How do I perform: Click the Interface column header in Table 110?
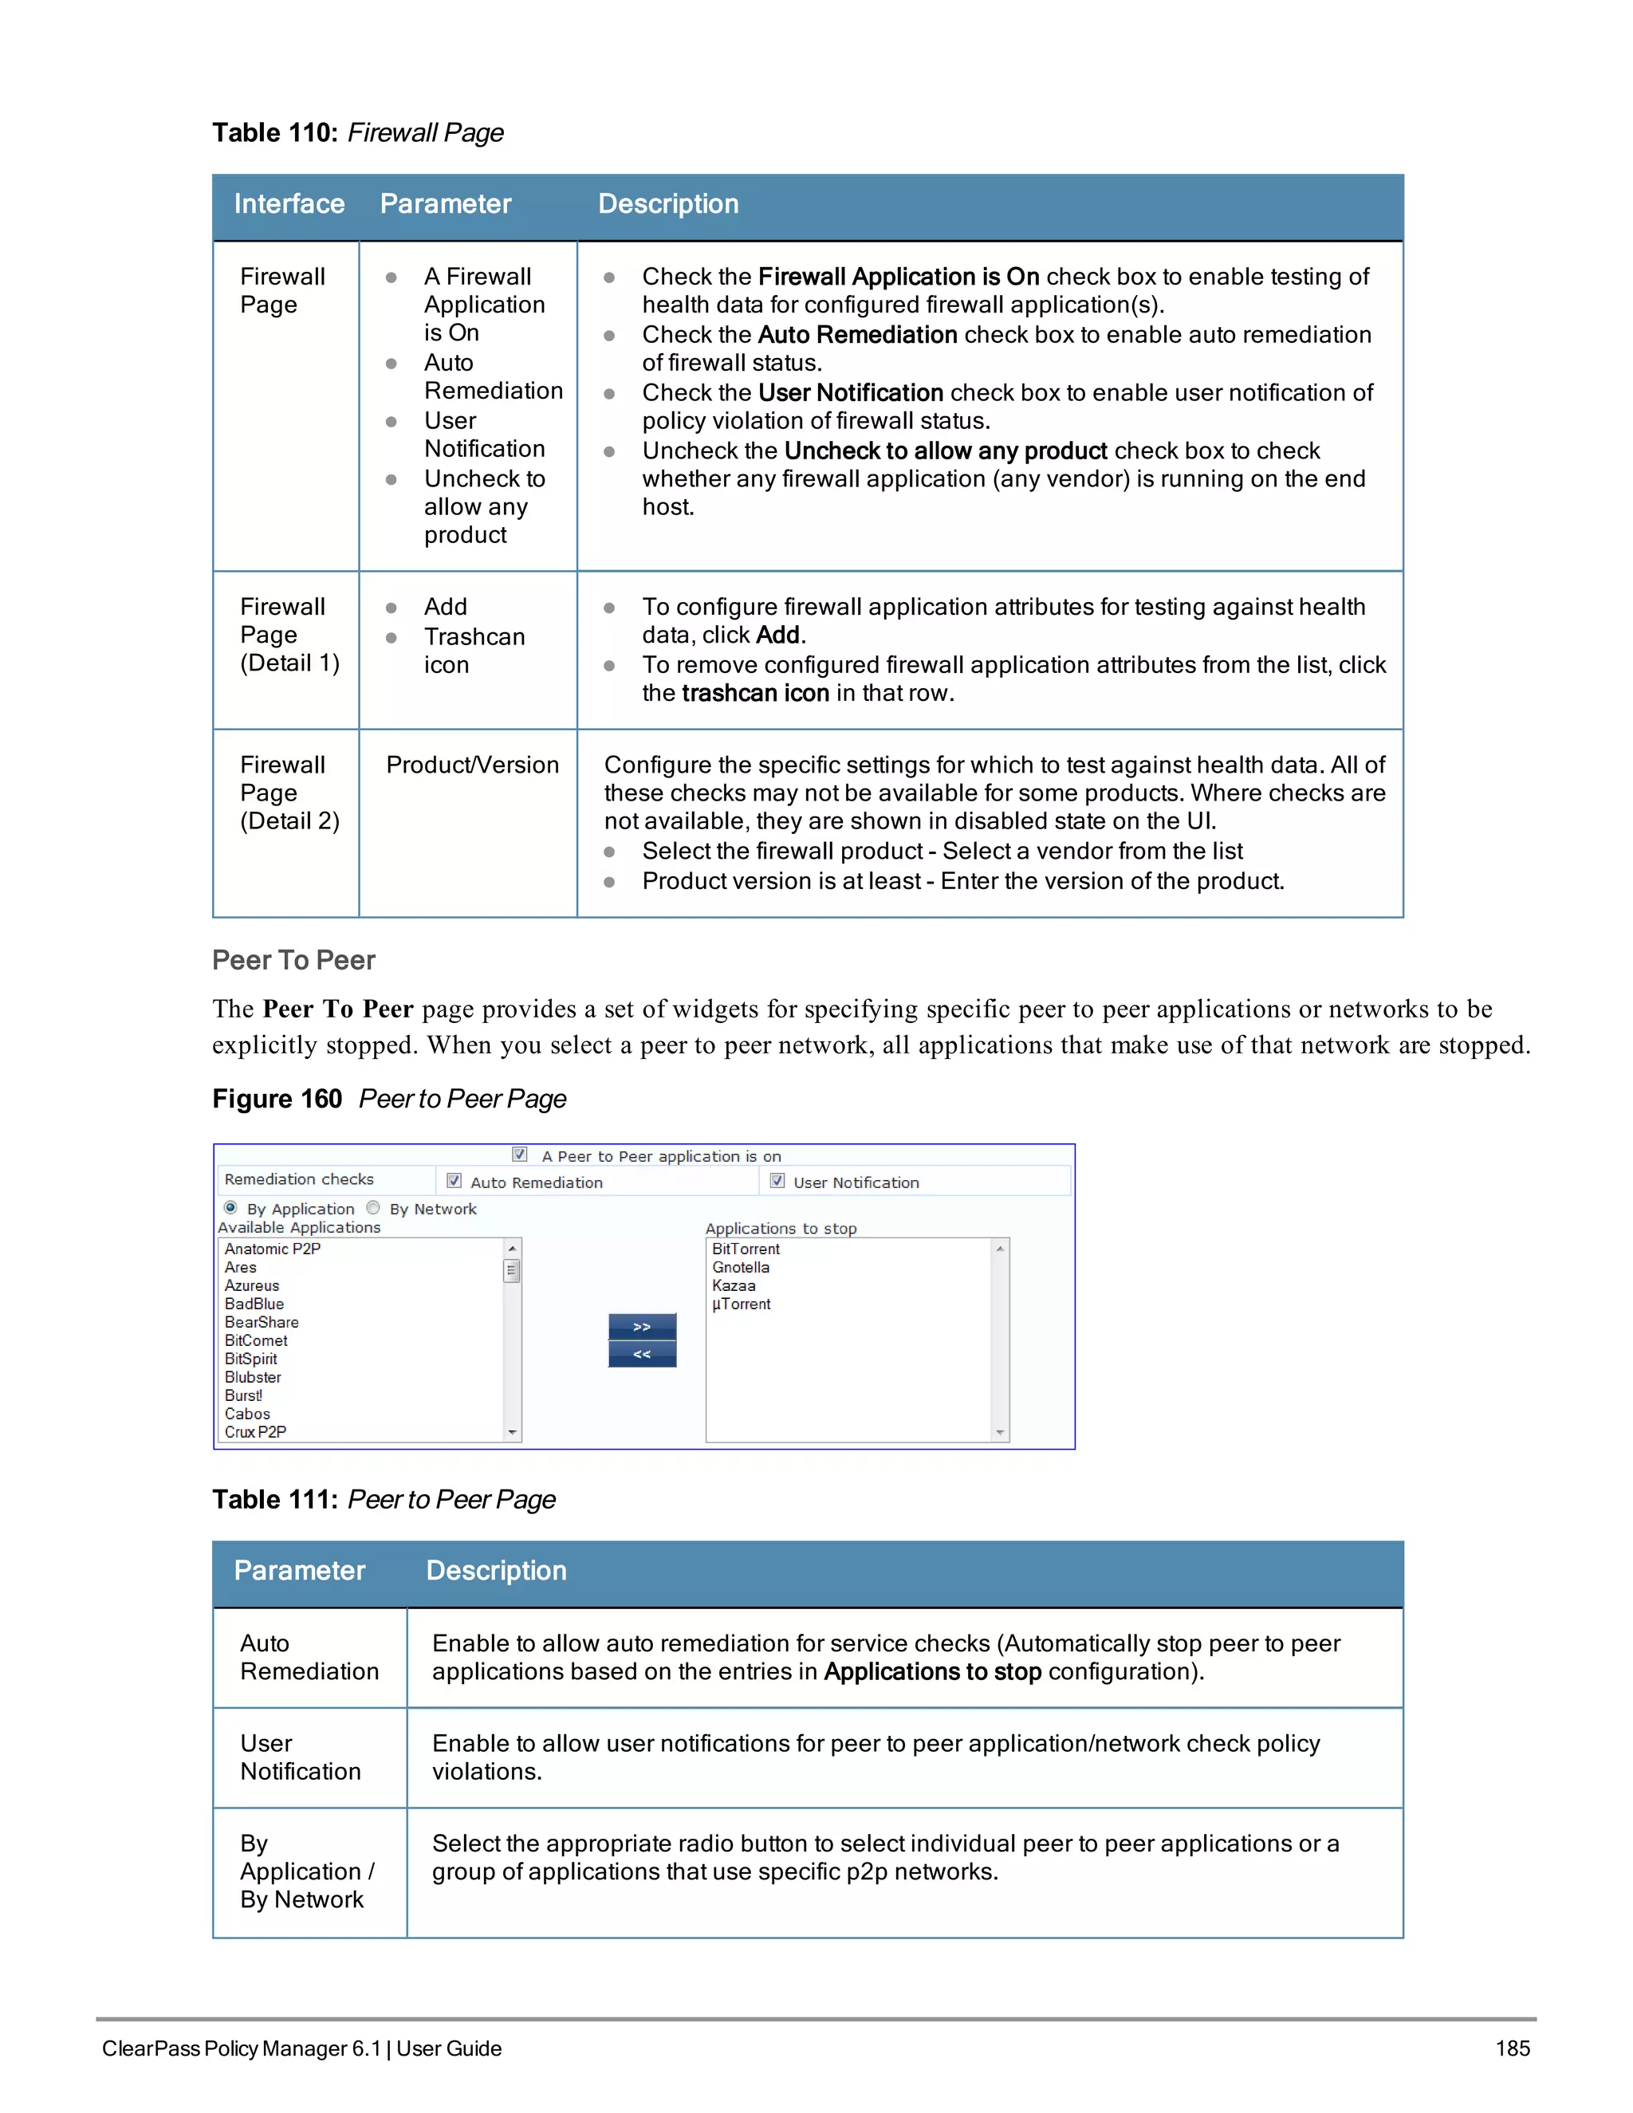click(289, 204)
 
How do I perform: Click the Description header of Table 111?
click(496, 1570)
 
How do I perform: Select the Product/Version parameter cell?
click(472, 765)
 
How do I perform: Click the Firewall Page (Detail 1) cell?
click(289, 635)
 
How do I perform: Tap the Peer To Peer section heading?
click(293, 961)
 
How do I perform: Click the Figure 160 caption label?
click(277, 1099)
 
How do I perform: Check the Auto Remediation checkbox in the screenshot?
click(454, 1182)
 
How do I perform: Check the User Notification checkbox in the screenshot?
click(777, 1182)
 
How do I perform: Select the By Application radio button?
click(230, 1207)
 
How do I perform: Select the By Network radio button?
click(373, 1207)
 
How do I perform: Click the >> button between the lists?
click(641, 1327)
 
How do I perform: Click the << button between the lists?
click(641, 1355)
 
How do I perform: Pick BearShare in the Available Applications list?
click(262, 1323)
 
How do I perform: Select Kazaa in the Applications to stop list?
click(734, 1286)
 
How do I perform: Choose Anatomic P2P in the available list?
click(272, 1249)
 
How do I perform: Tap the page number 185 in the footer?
click(1512, 2049)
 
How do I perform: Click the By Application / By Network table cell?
click(307, 1872)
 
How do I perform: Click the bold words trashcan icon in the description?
click(754, 694)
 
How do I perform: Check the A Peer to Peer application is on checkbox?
click(520, 1155)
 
